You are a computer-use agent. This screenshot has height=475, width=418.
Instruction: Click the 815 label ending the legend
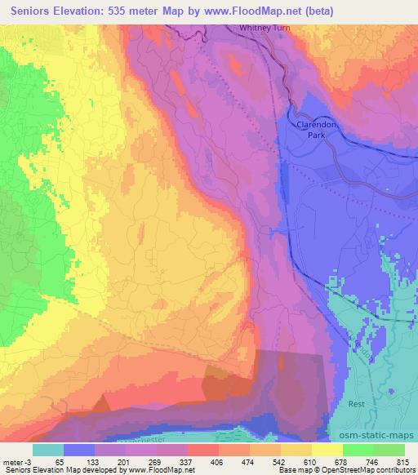point(400,462)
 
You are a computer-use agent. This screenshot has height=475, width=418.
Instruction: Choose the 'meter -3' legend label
point(16,462)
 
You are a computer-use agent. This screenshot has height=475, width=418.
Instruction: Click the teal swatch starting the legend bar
point(48,450)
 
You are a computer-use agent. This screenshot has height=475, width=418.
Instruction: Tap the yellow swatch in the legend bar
point(327,450)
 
